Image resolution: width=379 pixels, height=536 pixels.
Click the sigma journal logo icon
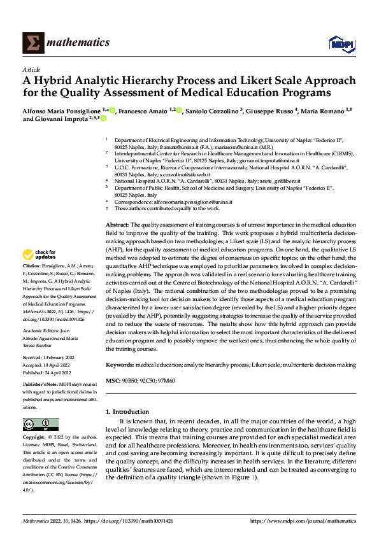click(x=32, y=43)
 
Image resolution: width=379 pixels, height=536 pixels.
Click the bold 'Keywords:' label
click(x=119, y=364)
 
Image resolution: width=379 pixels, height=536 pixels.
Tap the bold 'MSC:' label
click(x=113, y=380)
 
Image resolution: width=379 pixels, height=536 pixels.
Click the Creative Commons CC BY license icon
click(x=40, y=424)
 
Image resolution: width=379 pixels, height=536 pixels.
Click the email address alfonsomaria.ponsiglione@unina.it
click(x=190, y=201)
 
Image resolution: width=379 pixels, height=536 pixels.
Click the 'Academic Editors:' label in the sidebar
click(x=41, y=331)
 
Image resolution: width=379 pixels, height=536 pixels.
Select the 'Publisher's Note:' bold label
click(x=41, y=385)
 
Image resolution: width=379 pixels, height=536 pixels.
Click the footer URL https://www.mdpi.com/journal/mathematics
click(x=302, y=521)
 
